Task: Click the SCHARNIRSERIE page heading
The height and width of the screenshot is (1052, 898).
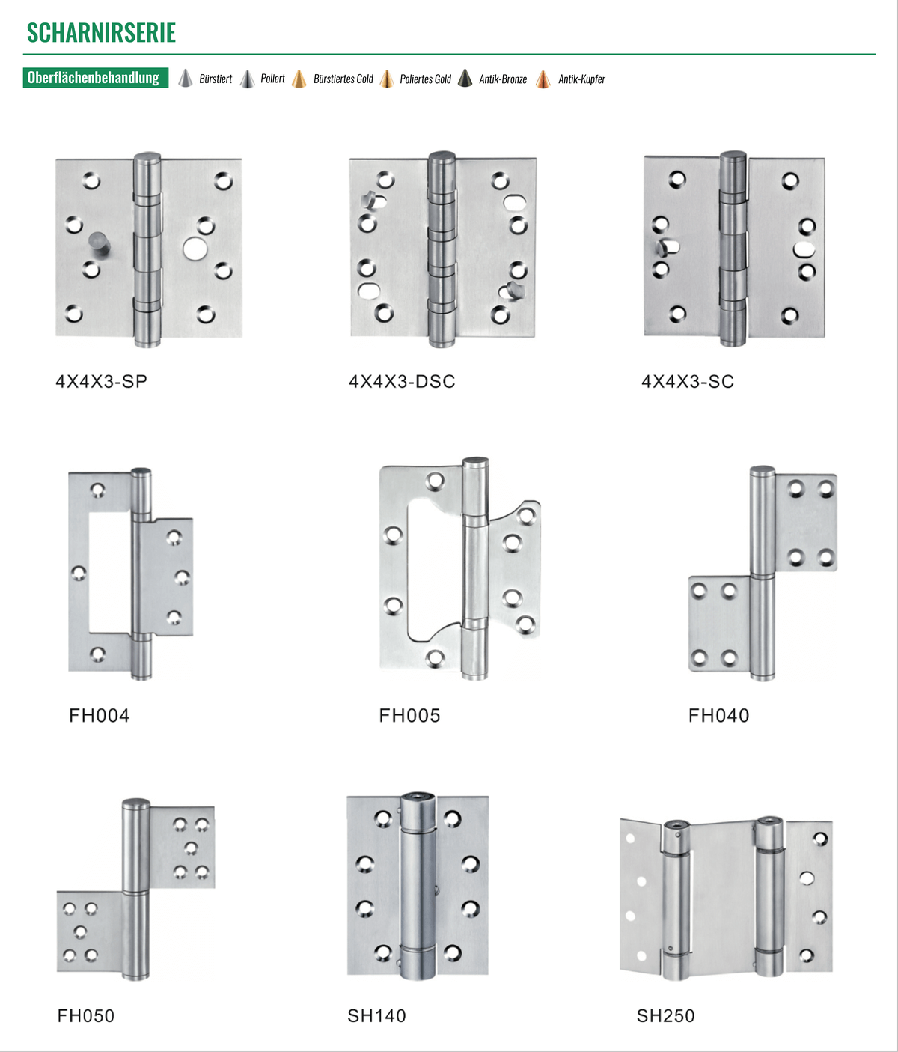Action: pos(101,33)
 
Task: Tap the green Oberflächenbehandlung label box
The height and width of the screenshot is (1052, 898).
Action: pos(96,78)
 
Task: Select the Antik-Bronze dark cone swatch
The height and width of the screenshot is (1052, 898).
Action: pos(465,79)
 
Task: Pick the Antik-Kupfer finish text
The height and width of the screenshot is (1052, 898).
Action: pos(581,79)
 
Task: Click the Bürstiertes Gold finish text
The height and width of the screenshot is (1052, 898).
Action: pos(343,79)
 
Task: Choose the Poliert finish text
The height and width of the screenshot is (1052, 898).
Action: pos(272,79)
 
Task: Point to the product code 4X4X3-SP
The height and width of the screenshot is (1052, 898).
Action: pos(101,381)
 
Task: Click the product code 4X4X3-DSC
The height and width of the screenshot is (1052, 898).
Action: pos(402,381)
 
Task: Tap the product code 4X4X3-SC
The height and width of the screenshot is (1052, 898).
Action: pos(688,381)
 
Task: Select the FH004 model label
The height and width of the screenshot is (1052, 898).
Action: pos(100,715)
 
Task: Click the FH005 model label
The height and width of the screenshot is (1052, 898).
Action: pos(409,715)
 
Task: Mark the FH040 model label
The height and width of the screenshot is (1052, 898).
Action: pos(719,715)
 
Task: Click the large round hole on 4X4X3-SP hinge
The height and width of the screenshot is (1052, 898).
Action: pos(195,249)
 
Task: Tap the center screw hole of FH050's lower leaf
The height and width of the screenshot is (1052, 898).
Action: pos(80,931)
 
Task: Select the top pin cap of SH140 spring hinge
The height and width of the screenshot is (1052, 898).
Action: pos(418,797)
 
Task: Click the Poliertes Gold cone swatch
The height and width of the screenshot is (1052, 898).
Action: pos(387,79)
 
